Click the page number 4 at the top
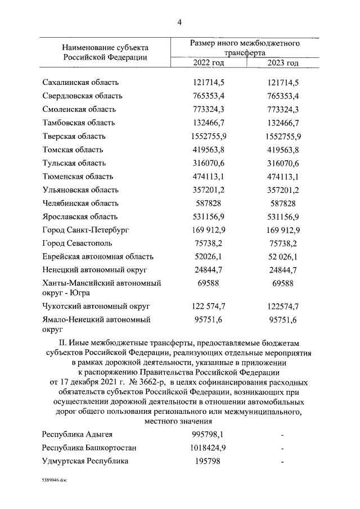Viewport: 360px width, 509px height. click(179, 22)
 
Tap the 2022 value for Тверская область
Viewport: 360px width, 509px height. click(209, 136)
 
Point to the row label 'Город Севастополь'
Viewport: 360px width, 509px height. click(77, 244)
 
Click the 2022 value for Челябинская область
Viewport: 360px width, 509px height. click(209, 203)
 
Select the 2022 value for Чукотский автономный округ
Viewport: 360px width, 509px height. click(209, 306)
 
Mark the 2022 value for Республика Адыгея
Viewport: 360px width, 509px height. click(209, 434)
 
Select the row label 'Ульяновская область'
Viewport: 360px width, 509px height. click(80, 190)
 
